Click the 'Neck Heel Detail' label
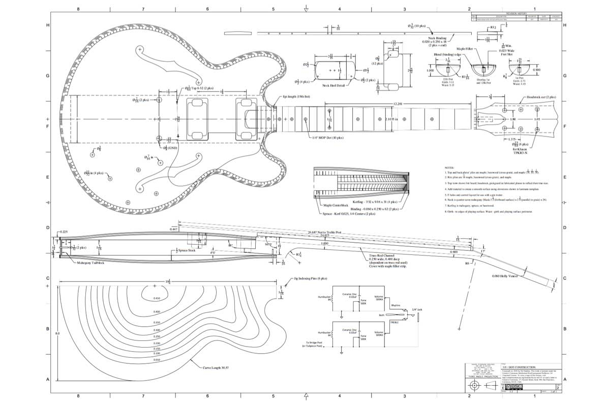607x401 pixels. [333, 85]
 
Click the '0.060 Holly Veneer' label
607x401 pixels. [506, 276]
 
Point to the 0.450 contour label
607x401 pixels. [157, 298]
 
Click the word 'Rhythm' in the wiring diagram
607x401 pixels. [396, 306]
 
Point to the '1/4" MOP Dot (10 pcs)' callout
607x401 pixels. [328, 137]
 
